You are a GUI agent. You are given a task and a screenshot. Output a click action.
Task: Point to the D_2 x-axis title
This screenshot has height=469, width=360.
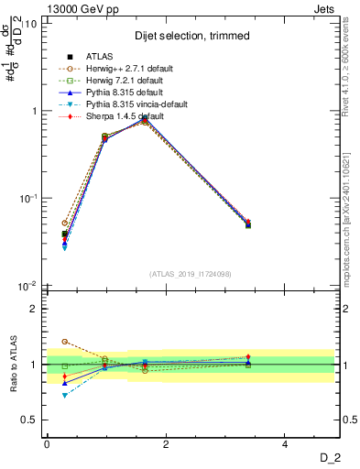[x=329, y=457]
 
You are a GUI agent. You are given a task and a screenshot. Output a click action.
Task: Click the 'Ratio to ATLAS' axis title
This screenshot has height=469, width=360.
[x=13, y=365]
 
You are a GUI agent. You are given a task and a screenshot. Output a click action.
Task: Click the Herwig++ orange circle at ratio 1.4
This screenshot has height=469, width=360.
[x=65, y=342]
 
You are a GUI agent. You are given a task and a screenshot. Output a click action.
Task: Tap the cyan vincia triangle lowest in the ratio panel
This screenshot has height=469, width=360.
[x=65, y=395]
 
